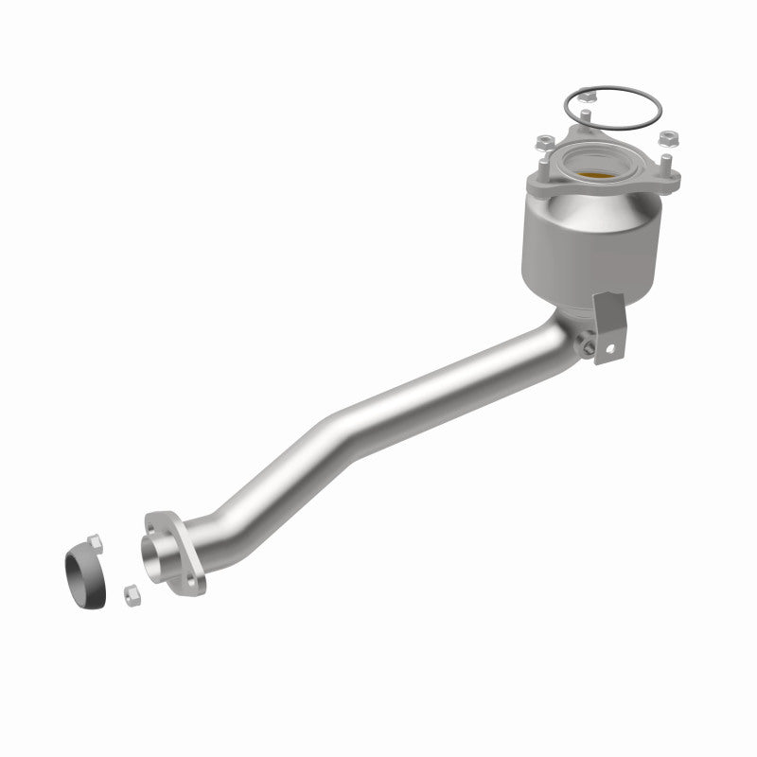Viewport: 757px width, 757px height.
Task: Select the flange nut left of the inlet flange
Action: tap(544, 143)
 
